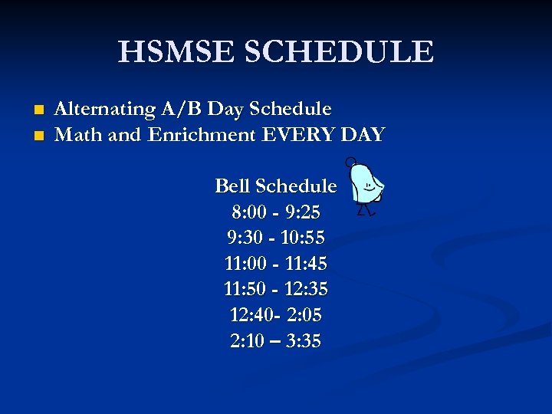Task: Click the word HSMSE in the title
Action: click(x=175, y=52)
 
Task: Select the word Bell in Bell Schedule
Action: click(x=233, y=186)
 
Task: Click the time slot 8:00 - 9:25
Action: click(x=275, y=211)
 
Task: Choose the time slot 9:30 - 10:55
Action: click(x=275, y=237)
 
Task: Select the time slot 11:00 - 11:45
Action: click(x=275, y=263)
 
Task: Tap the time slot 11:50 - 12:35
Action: click(x=275, y=289)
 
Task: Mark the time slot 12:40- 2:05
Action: click(x=275, y=314)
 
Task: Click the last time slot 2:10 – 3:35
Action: click(x=275, y=340)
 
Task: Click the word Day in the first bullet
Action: click(x=225, y=110)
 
